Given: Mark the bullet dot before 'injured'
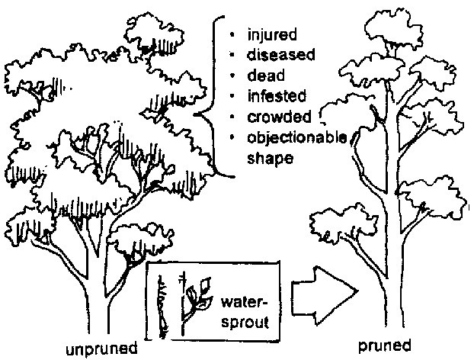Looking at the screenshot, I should (x=232, y=36).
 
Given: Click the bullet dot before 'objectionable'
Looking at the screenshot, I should (x=232, y=138).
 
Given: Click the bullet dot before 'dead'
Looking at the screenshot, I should (x=232, y=77).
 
